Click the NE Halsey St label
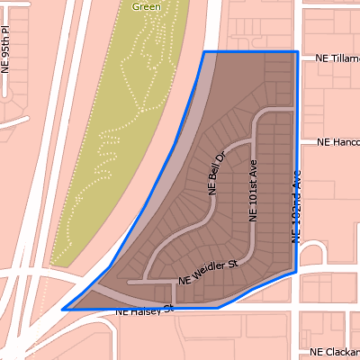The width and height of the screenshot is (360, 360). pyautogui.click(x=144, y=311)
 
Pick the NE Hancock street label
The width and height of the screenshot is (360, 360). pyautogui.click(x=337, y=143)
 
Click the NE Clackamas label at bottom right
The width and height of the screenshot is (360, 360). pyautogui.click(x=335, y=352)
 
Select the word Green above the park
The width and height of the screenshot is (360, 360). pyautogui.click(x=147, y=6)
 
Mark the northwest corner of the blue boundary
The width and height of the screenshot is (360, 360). pyautogui.click(x=204, y=52)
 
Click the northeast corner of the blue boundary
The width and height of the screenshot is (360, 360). pyautogui.click(x=297, y=52)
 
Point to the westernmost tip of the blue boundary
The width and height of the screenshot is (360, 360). pyautogui.click(x=62, y=310)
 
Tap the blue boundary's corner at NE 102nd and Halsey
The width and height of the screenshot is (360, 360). pyautogui.click(x=297, y=270)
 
